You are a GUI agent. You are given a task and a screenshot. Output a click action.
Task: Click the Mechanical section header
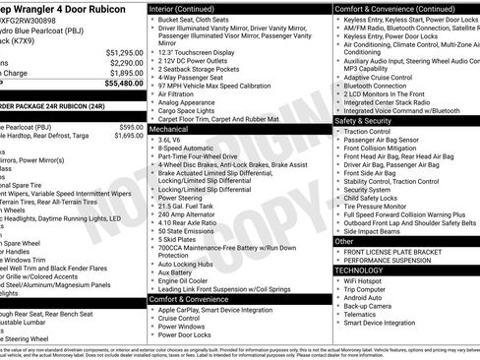(168, 128)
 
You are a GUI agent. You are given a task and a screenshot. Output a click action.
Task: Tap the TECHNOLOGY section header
(359, 270)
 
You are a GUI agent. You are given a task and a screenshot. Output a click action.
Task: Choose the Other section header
(344, 240)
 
